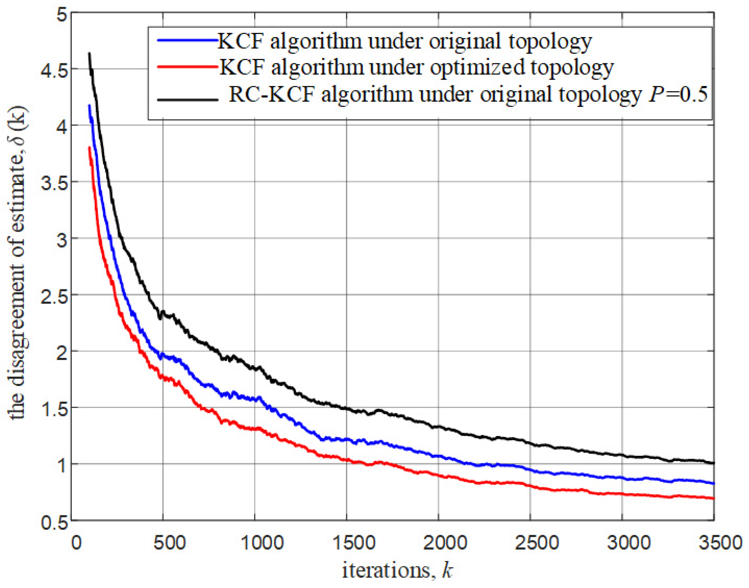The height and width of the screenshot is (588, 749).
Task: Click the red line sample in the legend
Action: point(188,66)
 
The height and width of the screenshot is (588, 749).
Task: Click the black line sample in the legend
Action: point(188,100)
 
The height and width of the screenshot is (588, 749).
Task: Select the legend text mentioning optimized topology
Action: point(416,67)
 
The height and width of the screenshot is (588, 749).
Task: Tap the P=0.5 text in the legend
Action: point(678,94)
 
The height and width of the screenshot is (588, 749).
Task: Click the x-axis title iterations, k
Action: point(397,570)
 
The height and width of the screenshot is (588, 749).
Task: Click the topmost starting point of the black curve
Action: point(89,53)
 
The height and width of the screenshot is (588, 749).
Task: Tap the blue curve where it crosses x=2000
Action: point(438,456)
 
